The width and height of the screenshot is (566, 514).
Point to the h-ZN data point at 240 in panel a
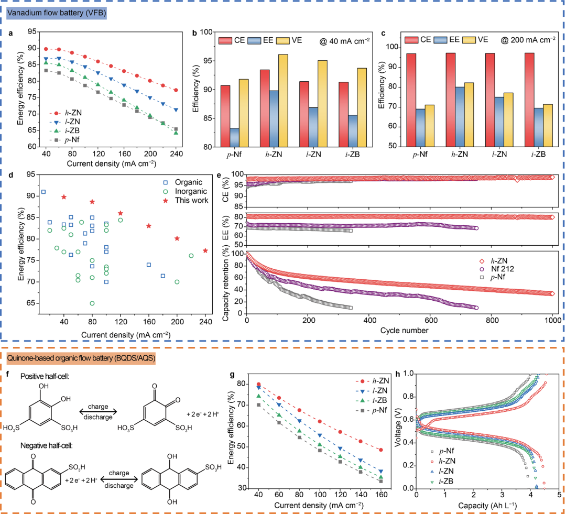pos(176,90)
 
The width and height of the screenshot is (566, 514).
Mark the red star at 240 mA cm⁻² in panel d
pos(205,250)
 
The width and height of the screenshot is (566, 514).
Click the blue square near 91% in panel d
pos(43,192)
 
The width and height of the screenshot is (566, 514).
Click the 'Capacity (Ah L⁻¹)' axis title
pos(487,506)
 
